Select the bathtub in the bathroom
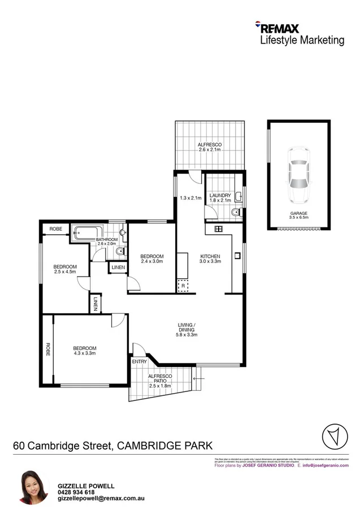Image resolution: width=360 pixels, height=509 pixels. tap(86, 231)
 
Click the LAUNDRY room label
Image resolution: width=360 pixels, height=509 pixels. tap(220, 198)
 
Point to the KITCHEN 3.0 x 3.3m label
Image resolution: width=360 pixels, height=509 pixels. tap(210, 259)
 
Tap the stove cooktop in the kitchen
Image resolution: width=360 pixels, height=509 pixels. tap(219, 228)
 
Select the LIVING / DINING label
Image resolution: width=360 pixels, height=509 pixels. tap(186, 328)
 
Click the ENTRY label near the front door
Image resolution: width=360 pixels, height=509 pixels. tap(139, 361)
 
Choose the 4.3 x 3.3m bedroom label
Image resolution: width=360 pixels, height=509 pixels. tap(84, 351)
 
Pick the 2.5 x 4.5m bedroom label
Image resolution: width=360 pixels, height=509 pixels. tap(65, 269)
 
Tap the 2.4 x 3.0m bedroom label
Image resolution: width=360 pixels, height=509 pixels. tap(151, 259)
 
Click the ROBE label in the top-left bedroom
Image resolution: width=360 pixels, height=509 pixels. tap(55, 228)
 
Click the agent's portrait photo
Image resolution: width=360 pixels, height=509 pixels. tap(33, 486)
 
